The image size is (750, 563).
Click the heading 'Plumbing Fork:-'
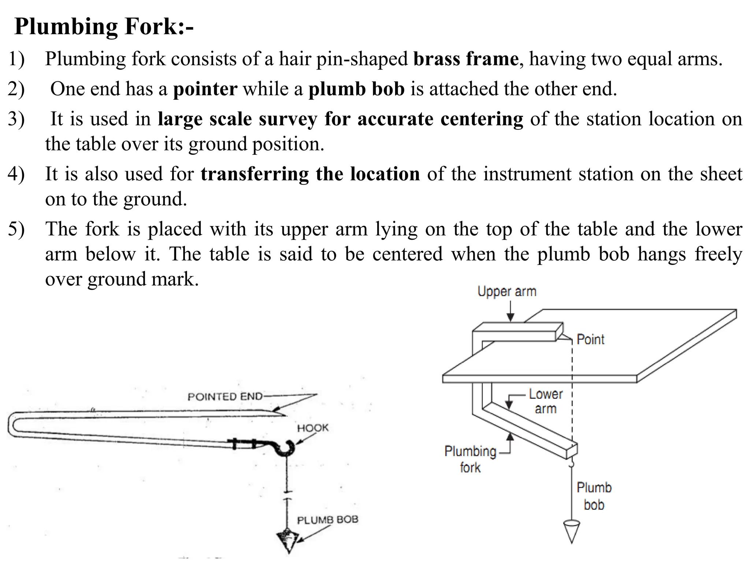(104, 27)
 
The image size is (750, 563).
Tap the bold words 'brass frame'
(466, 59)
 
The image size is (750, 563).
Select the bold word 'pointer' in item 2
(205, 89)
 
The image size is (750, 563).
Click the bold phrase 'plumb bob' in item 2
(356, 89)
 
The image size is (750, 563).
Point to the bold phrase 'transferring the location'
(310, 174)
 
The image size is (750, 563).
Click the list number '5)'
(16, 229)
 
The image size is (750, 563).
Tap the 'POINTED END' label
(225, 397)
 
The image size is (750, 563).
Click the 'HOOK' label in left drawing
(312, 428)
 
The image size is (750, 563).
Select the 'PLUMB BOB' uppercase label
(327, 520)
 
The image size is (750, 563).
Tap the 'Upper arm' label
(507, 292)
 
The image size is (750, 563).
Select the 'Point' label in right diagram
(590, 339)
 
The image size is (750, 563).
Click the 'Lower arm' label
(545, 401)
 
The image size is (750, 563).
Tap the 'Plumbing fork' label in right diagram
(470, 459)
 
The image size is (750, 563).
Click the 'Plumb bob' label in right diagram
(594, 496)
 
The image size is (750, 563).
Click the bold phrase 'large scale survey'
(238, 119)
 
